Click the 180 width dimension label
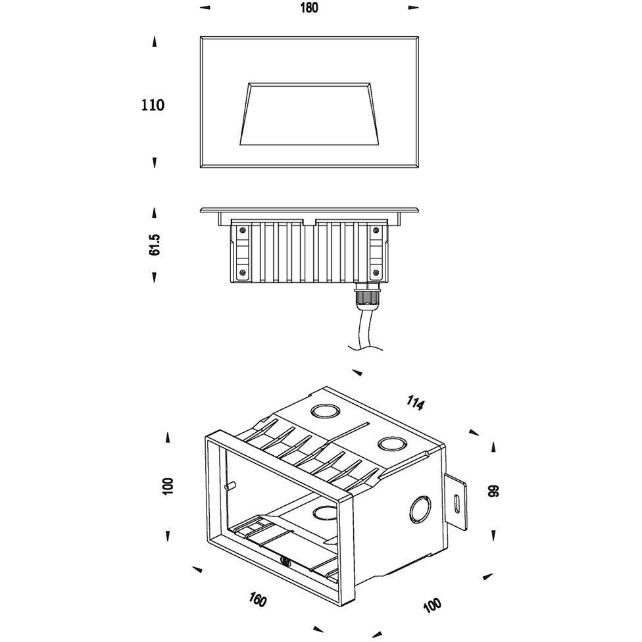309,8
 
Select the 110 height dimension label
153,105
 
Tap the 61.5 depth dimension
155,244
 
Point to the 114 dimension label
415,403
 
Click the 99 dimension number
493,491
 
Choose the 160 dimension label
258,600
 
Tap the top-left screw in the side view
243,230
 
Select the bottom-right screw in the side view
376,272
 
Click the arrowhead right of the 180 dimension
413,8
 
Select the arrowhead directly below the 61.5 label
155,278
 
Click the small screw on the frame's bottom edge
286,562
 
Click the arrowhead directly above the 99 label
493,447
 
